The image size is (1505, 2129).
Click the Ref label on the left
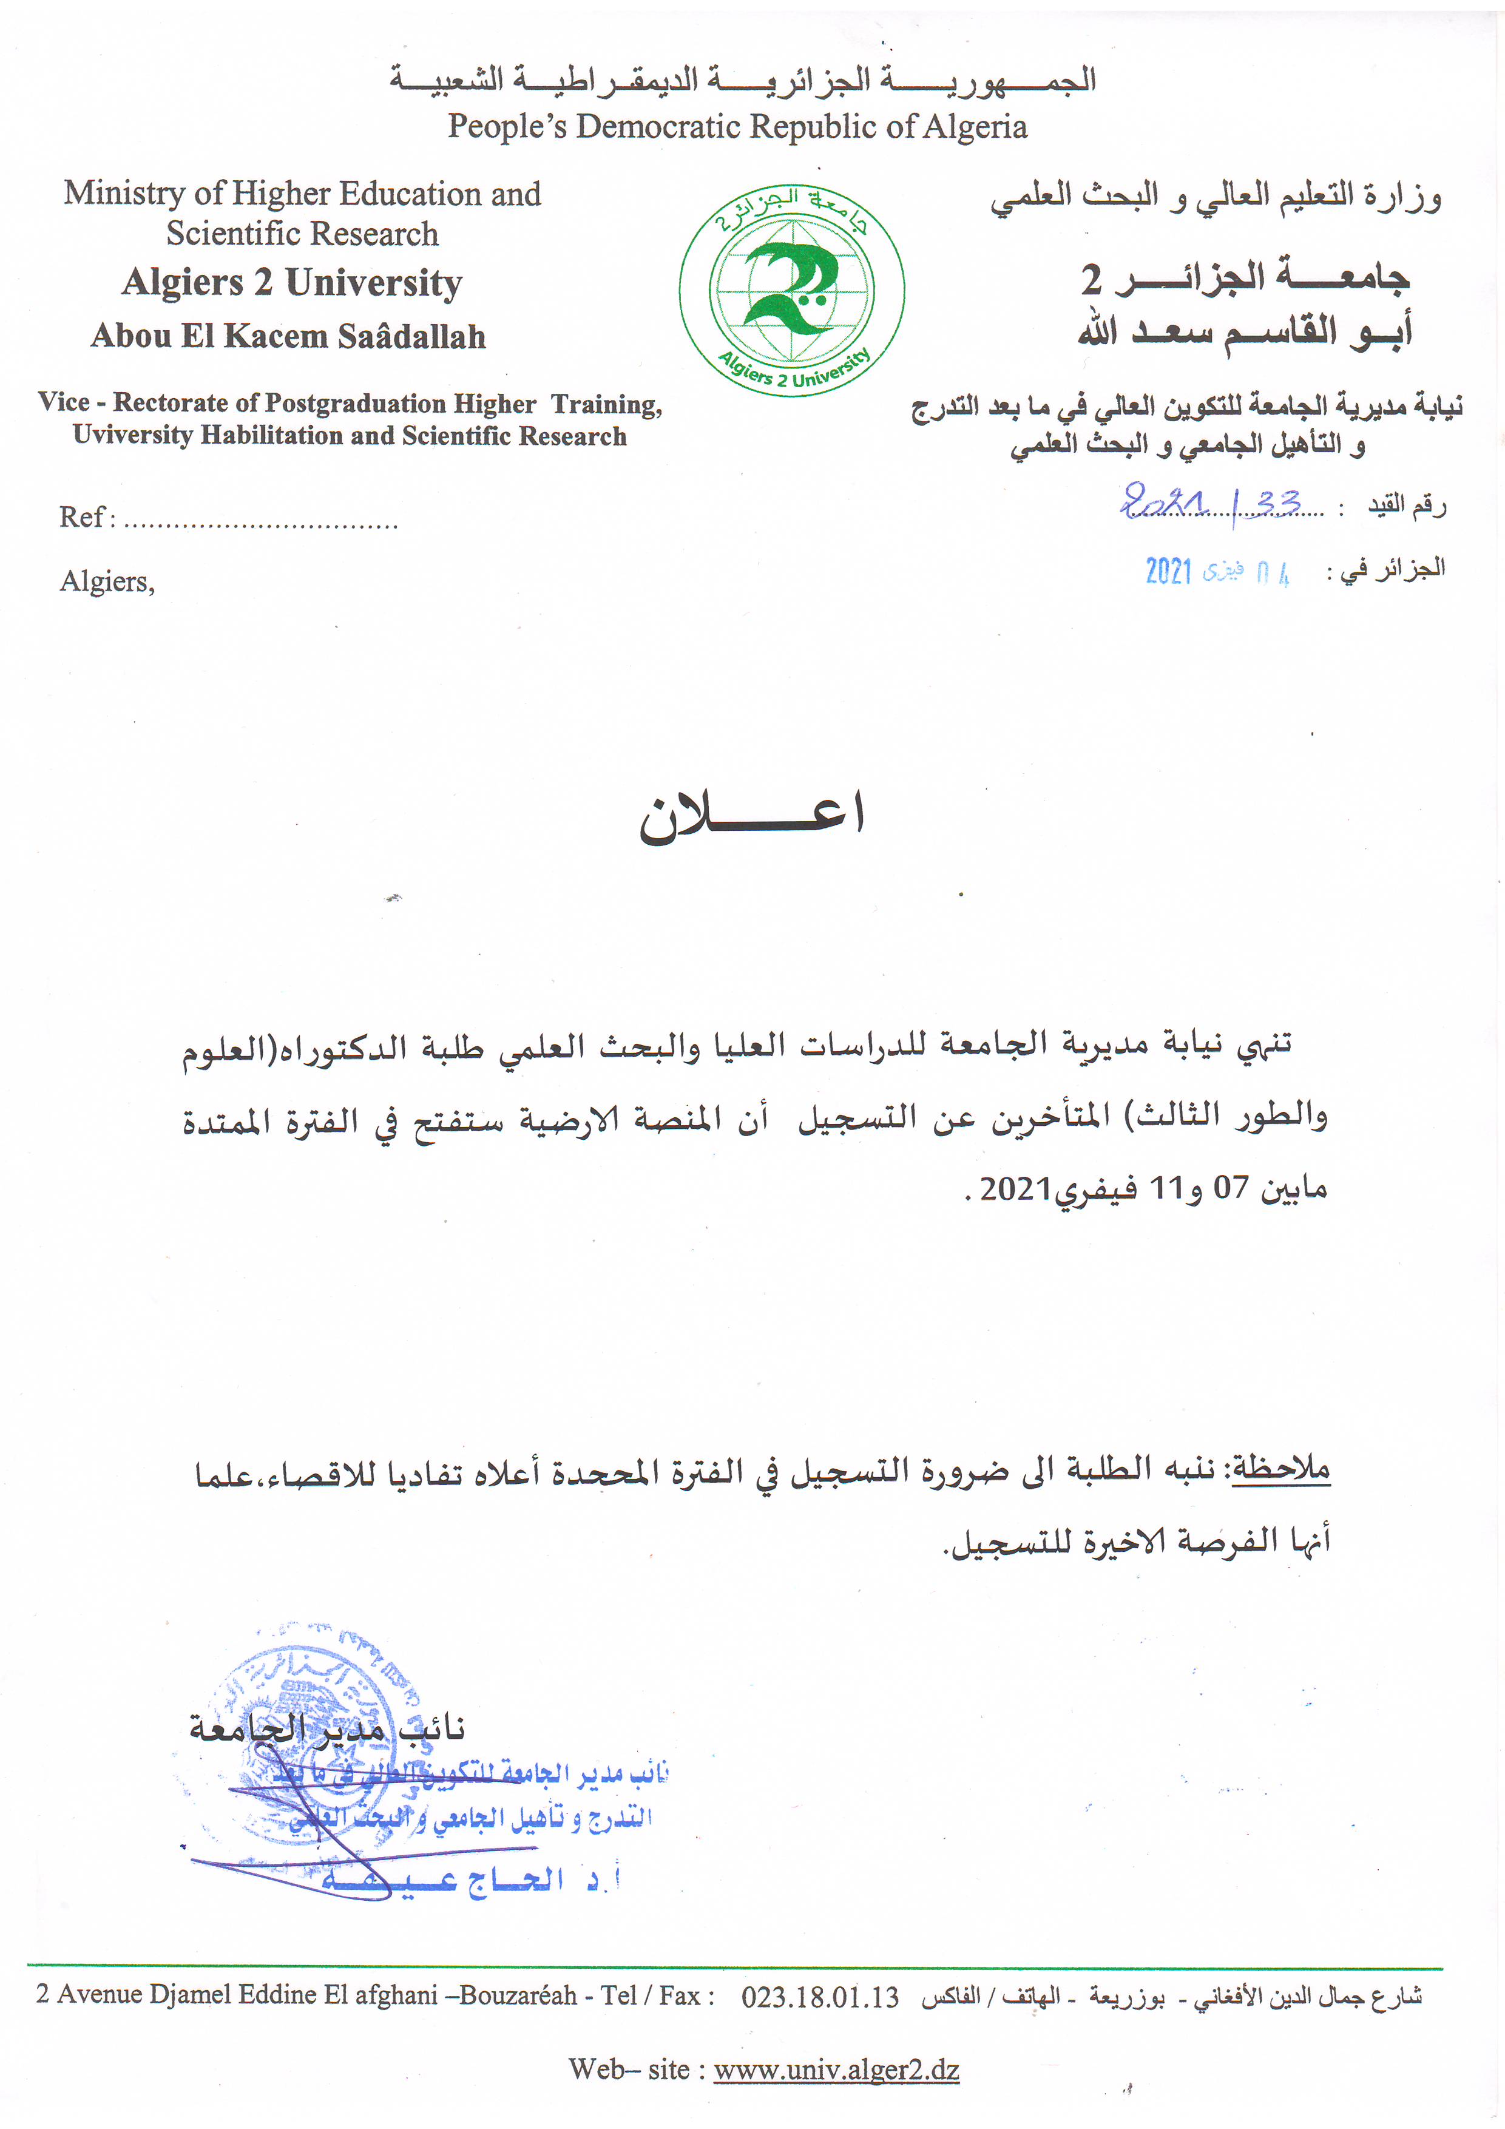coord(81,516)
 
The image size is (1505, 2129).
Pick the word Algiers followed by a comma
coord(107,581)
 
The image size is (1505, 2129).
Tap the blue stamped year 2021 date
coord(1168,571)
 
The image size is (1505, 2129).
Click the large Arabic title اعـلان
coord(752,816)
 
